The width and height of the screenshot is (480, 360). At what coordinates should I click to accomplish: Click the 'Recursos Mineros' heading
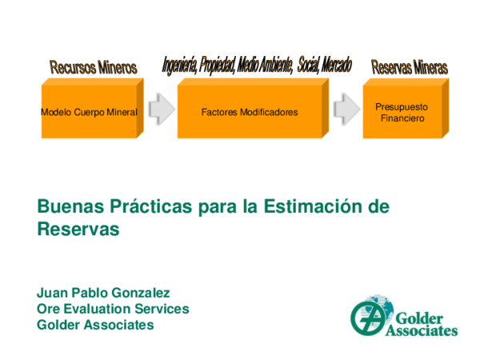coord(94,67)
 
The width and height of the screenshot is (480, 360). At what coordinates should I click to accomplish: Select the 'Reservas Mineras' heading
coord(410,67)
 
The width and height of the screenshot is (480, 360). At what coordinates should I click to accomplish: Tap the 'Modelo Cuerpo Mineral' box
coord(89,112)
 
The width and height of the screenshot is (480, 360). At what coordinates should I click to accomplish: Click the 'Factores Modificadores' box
coord(250,112)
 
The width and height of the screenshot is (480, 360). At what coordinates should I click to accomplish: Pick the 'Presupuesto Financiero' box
coord(402,112)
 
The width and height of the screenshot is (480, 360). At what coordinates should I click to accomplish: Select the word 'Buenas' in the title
coord(66,206)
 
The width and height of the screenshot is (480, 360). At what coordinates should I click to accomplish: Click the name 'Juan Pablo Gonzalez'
coord(104,293)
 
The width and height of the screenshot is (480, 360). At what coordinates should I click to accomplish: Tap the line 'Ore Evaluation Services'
coord(113,309)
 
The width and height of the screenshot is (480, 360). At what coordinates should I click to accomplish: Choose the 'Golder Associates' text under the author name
coord(95,325)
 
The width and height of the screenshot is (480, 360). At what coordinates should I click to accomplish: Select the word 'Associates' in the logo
coord(422,330)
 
